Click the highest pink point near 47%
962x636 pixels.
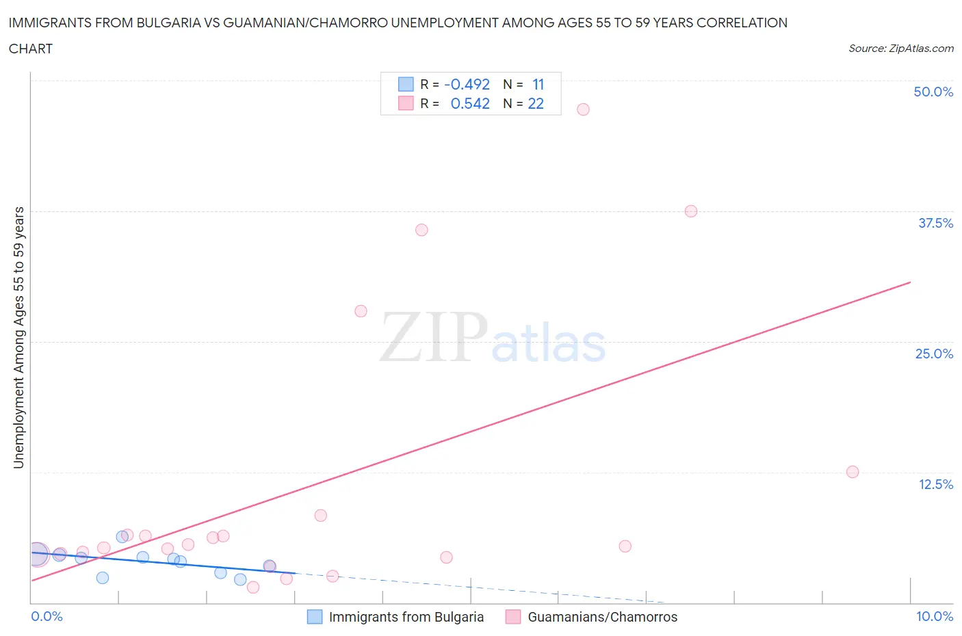pyautogui.click(x=583, y=109)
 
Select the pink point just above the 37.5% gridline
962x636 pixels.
pyautogui.click(x=691, y=211)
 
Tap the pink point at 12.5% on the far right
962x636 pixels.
pyautogui.click(x=853, y=472)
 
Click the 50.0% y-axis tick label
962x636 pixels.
pyautogui.click(x=933, y=92)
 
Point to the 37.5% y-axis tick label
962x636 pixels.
pyautogui.click(x=935, y=224)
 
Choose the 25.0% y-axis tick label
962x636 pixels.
pyautogui.click(x=934, y=354)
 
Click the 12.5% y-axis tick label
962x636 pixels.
pyautogui.click(x=935, y=485)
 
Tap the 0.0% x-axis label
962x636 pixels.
pyautogui.click(x=47, y=617)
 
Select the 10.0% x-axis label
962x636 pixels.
pyautogui.click(x=935, y=617)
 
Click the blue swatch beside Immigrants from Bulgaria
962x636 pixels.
pyautogui.click(x=315, y=618)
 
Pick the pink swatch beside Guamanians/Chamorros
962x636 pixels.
pyautogui.click(x=513, y=618)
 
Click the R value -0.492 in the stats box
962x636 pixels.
pyautogui.click(x=467, y=85)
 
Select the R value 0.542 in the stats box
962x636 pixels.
pyautogui.click(x=470, y=104)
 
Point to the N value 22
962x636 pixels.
pyautogui.click(x=536, y=104)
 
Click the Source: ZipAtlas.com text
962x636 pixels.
pyautogui.click(x=900, y=49)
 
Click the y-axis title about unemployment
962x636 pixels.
pyautogui.click(x=19, y=337)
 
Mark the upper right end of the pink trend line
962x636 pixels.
pyautogui.click(x=910, y=282)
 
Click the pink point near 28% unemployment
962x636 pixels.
pyautogui.click(x=361, y=311)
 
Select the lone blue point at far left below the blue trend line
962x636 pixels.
pyautogui.click(x=103, y=578)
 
